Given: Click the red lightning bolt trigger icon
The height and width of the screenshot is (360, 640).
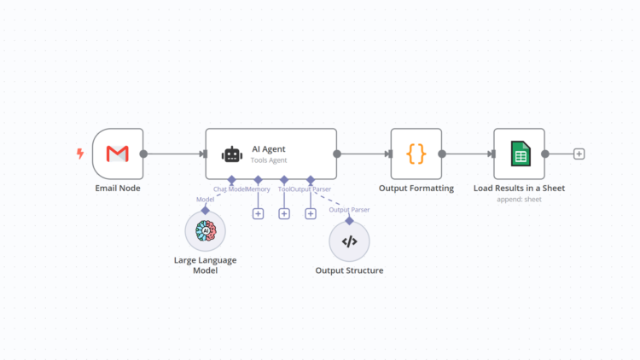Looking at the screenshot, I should [80, 154].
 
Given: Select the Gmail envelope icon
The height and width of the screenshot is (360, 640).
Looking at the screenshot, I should [117, 154].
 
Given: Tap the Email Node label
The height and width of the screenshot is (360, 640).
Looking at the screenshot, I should [117, 189].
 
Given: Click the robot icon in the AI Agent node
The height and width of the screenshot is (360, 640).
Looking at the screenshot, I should [231, 154].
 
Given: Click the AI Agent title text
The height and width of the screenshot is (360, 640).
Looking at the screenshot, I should [268, 148].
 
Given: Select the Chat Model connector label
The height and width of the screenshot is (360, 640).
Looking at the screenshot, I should [230, 189].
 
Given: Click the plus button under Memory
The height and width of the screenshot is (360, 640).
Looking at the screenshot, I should [258, 213].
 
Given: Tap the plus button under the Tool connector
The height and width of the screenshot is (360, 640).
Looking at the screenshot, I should [284, 213].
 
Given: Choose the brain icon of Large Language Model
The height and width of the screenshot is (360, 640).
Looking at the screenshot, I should [205, 232].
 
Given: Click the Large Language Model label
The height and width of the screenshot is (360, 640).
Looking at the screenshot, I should [205, 264].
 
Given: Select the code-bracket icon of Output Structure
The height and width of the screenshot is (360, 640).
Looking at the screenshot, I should [349, 241].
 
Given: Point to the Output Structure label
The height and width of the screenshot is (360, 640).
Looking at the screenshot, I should [349, 270].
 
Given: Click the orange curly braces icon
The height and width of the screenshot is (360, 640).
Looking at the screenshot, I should [416, 154].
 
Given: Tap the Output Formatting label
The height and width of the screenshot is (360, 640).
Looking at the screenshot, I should [416, 189].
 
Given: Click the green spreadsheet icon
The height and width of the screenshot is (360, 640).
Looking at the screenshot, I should [519, 154].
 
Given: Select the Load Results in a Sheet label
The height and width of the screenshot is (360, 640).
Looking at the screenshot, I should [519, 189].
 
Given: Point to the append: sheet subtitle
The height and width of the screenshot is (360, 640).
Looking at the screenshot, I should [519, 200].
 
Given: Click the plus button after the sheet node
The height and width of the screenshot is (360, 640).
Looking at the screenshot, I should [579, 154].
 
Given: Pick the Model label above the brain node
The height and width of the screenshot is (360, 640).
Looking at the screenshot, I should [205, 199].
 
